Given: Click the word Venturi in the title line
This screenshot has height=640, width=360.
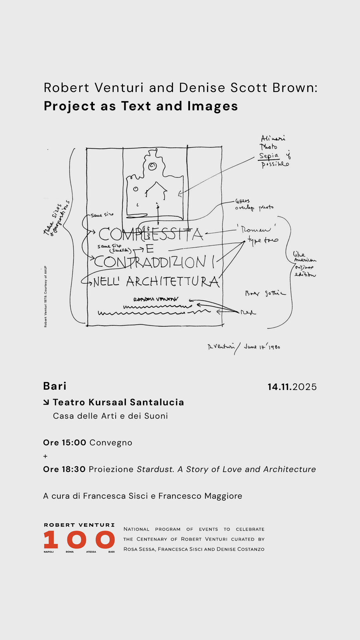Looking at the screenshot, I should click(119, 88).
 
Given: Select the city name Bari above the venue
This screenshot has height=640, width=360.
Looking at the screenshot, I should click(55, 386).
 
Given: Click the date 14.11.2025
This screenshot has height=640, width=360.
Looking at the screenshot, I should click(292, 387).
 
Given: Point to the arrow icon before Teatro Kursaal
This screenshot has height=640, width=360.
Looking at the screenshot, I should click(46, 402).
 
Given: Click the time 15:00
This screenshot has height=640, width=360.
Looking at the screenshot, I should click(74, 443).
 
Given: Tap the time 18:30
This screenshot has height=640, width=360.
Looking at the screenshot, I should click(74, 469).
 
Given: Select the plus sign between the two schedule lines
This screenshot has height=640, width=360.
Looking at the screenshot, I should click(45, 456).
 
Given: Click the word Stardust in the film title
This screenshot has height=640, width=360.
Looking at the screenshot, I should click(155, 469).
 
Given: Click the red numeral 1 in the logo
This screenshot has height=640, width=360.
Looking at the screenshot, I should click(51, 540).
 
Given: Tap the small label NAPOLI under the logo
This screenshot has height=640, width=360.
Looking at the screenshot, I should click(49, 552).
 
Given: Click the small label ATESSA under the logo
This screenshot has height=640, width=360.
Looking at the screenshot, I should click(91, 552).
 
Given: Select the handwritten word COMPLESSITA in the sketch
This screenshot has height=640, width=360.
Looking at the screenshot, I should click(151, 234).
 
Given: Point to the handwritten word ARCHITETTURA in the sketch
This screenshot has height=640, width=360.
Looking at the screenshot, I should click(172, 282).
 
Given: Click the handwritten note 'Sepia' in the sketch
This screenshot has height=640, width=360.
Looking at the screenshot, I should click(269, 156).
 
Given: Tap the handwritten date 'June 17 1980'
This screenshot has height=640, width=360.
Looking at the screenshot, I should click(262, 347).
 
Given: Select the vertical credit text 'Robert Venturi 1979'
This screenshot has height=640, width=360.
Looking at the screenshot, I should click(46, 296).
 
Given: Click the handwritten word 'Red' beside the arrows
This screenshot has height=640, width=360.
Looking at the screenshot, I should click(248, 312).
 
